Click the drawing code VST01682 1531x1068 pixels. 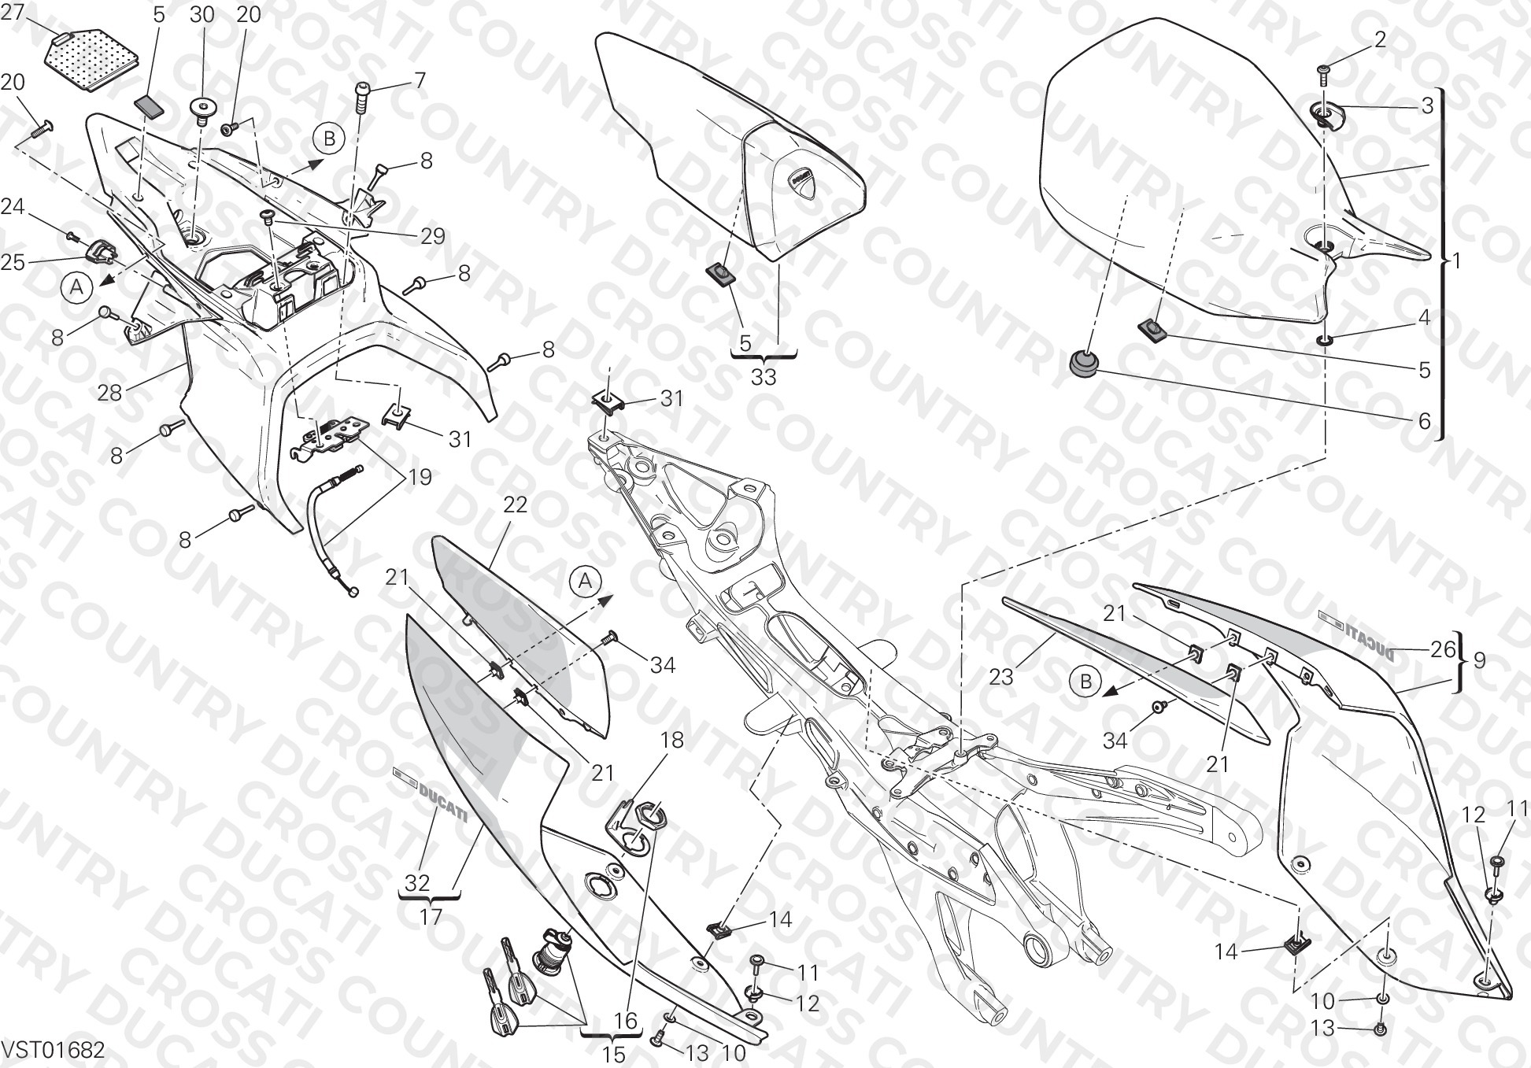point(53,1051)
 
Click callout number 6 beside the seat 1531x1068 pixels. point(1424,421)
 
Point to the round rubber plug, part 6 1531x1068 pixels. point(1082,363)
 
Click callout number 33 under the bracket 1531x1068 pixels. point(763,377)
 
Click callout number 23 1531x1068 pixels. point(1001,676)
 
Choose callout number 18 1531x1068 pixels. point(671,740)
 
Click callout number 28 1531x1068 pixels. point(109,392)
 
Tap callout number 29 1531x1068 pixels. point(432,235)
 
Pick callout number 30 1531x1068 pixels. point(202,14)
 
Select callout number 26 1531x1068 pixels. point(1443,650)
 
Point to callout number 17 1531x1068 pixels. point(431,916)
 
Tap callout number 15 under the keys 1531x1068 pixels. point(613,1054)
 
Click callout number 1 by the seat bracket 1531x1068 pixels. point(1455,261)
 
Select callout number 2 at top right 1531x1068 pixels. point(1380,39)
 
